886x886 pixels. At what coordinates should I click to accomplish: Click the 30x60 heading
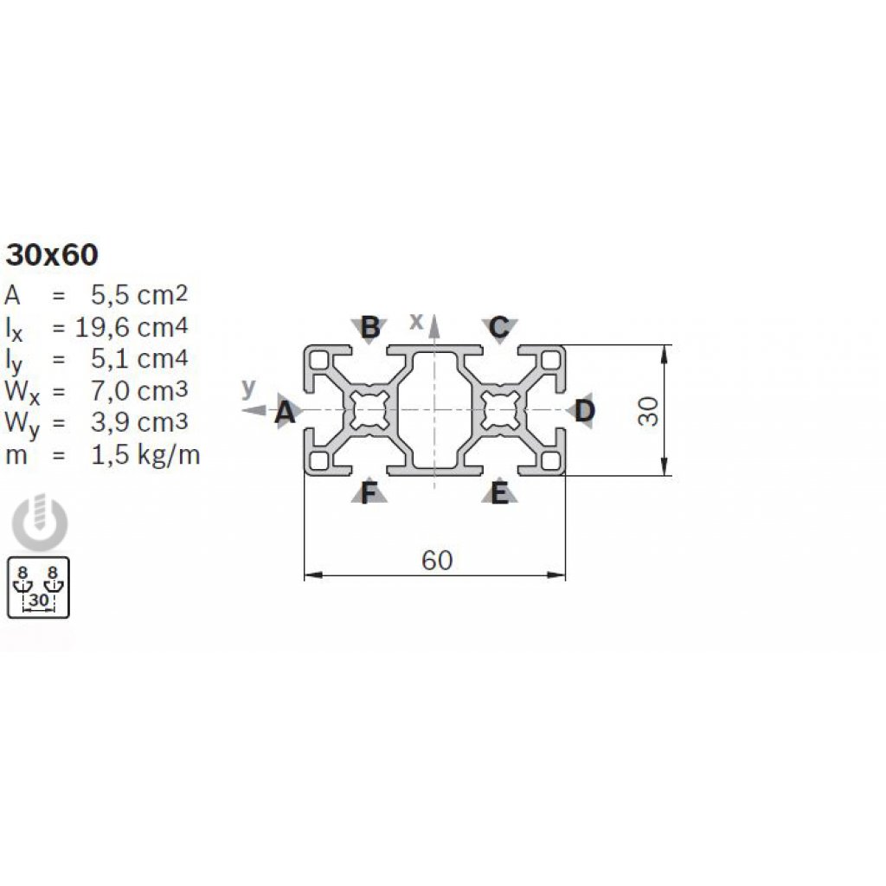coord(51,255)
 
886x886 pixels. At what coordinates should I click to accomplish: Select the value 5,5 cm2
coord(139,294)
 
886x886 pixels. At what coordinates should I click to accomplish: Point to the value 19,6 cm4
coord(132,326)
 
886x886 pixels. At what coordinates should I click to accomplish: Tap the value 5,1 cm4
coord(139,359)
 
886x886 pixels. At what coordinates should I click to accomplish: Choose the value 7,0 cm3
coord(139,390)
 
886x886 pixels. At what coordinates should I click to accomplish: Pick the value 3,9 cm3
coord(139,422)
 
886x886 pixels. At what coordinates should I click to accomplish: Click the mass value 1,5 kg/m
coord(145,455)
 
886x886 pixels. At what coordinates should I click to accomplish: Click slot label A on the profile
coord(285,412)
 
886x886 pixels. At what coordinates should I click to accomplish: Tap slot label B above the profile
coord(370,327)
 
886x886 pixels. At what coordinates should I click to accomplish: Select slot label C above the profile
coord(499,327)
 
